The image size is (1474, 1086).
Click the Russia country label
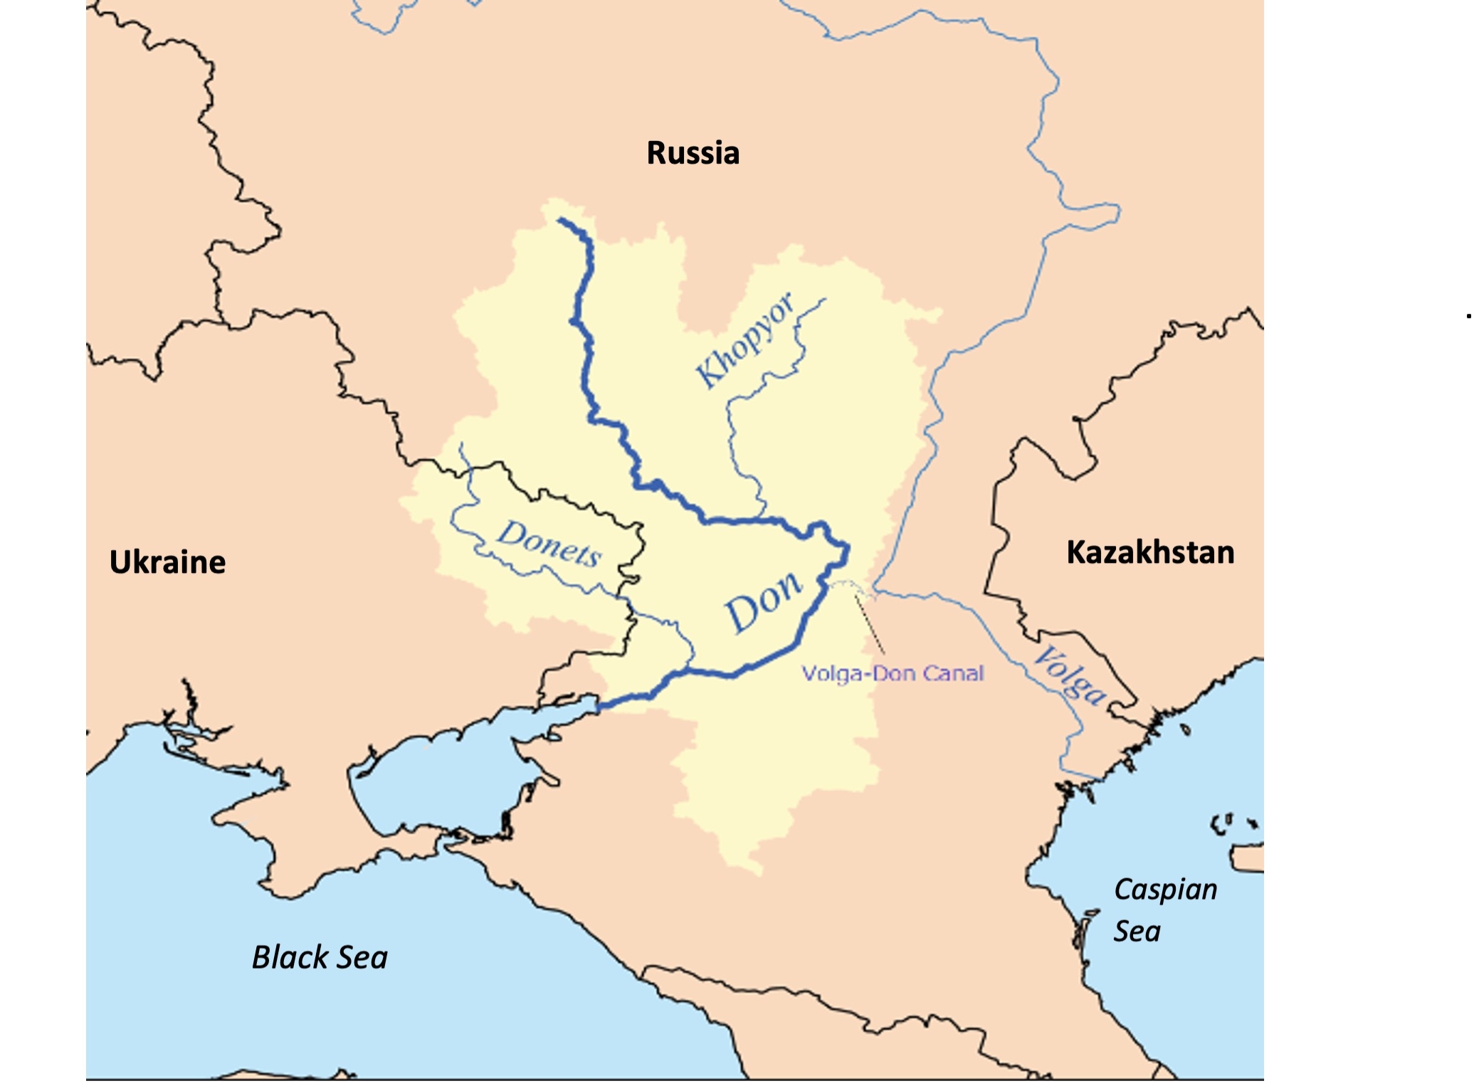693,154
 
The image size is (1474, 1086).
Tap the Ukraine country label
167,562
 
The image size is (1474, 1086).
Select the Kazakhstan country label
1149,553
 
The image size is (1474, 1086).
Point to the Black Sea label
320,957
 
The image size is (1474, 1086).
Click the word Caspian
1165,890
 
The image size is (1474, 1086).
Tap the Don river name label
763,602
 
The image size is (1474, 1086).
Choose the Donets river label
549,544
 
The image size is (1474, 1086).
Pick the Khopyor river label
744,341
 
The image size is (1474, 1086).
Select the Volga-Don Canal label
893,673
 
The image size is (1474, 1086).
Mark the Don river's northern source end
561,221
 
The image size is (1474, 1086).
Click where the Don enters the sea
599,707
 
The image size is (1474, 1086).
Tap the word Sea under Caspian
1137,932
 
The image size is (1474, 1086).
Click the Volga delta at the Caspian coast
1110,740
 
